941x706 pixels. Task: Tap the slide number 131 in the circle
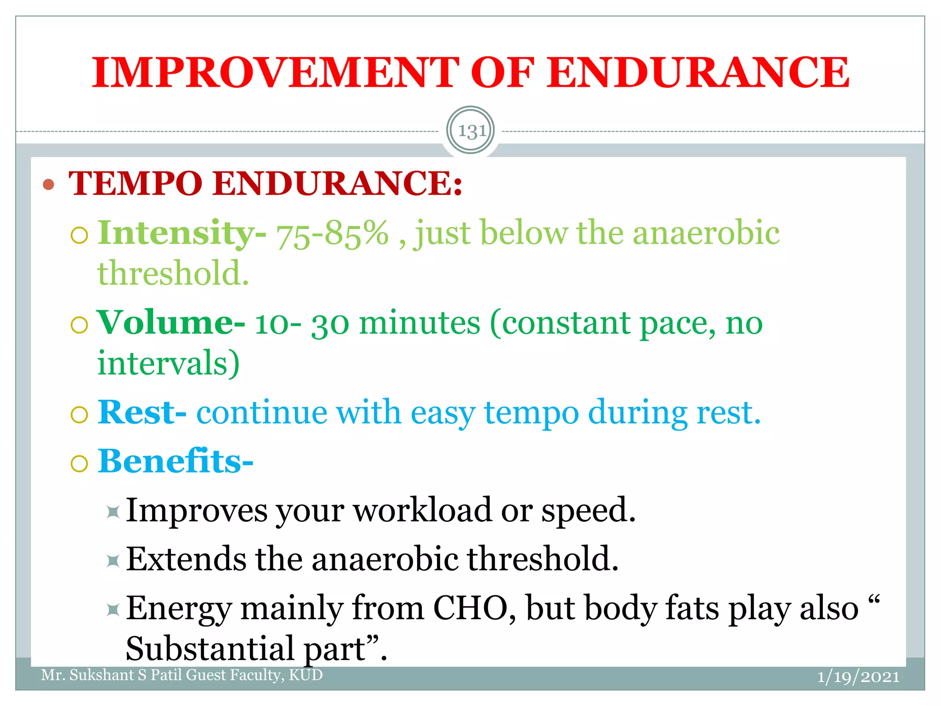tap(470, 131)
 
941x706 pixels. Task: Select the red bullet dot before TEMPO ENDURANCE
tap(48, 185)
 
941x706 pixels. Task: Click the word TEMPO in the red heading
tap(136, 184)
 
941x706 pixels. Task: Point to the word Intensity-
tap(182, 233)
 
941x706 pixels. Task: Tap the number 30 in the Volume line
tap(330, 324)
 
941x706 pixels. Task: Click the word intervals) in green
tap(168, 363)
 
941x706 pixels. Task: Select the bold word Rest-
tap(142, 412)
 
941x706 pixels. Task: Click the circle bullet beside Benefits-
tap(79, 463)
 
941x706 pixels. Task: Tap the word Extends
tap(186, 559)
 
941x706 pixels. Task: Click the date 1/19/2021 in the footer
tap(858, 677)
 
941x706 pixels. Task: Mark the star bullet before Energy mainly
tap(113, 610)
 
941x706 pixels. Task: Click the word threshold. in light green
tap(173, 274)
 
